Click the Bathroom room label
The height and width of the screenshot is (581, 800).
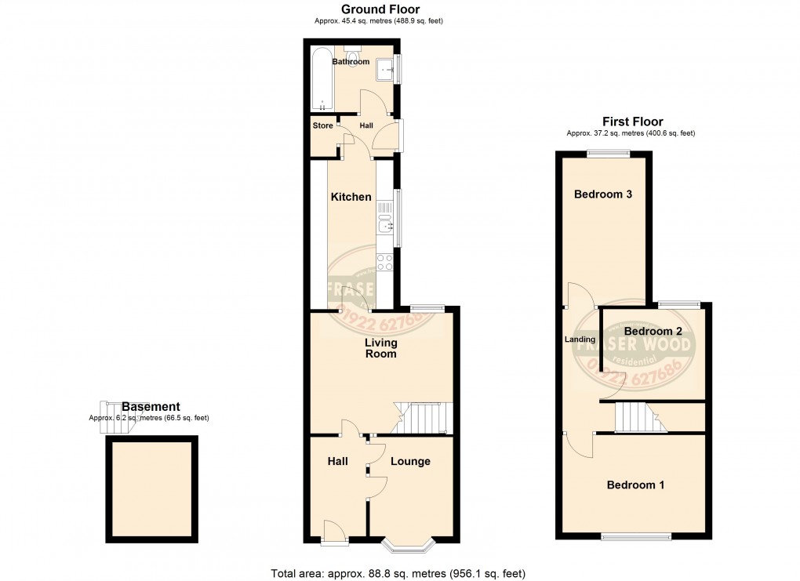[x=351, y=61]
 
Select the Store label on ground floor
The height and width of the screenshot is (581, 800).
[x=322, y=125]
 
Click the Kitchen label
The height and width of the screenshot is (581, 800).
[x=351, y=197]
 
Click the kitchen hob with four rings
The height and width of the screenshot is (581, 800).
[x=385, y=262]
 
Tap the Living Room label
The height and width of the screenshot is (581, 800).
[x=380, y=348]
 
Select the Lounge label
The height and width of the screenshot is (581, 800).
[x=410, y=461]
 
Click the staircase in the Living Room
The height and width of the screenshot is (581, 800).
[x=423, y=418]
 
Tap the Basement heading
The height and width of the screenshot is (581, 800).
[x=151, y=407]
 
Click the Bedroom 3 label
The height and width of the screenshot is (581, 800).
[x=603, y=194]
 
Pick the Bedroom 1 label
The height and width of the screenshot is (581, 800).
[x=635, y=485]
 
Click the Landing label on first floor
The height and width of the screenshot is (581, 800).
[x=580, y=340]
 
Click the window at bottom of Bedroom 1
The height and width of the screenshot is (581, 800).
[x=636, y=536]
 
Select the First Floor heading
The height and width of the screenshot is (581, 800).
[x=632, y=122]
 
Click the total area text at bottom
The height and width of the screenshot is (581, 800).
[x=398, y=573]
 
